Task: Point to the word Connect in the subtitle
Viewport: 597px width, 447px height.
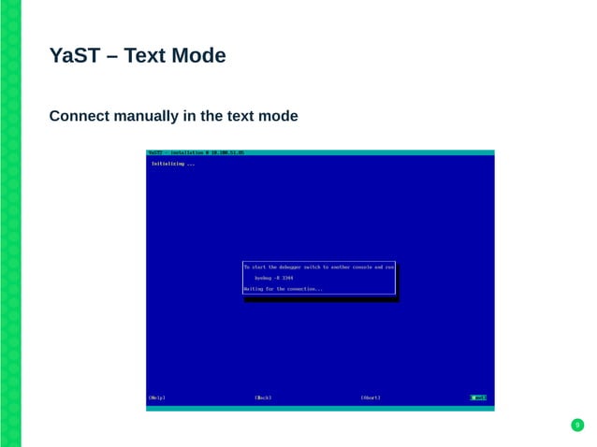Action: click(x=80, y=117)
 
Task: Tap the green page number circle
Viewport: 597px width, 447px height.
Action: click(x=577, y=426)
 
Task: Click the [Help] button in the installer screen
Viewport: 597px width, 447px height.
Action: click(x=157, y=397)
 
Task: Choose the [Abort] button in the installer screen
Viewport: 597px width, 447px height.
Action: click(x=371, y=397)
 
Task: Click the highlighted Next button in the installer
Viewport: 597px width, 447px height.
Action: click(x=478, y=397)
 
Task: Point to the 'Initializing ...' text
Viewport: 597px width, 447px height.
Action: click(x=173, y=164)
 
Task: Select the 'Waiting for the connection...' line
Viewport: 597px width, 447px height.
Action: click(x=284, y=289)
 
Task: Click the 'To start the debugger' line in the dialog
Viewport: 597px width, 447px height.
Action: click(x=318, y=267)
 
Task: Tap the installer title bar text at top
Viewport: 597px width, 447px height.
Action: click(x=196, y=152)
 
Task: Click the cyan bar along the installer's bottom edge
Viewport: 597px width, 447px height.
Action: click(x=320, y=408)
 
